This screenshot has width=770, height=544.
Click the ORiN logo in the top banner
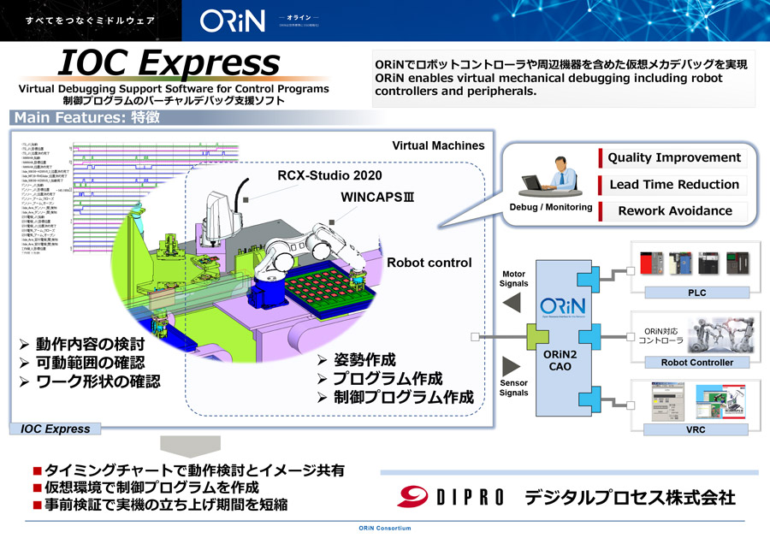pos(232,21)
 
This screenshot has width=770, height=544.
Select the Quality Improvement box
pos(674,158)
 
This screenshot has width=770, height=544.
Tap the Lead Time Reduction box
pos(674,185)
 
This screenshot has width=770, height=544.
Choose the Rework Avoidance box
pos(674,211)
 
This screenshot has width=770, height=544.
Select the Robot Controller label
pos(696,362)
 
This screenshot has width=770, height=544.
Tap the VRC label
pos(696,429)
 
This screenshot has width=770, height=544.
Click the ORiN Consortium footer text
pos(384,529)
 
